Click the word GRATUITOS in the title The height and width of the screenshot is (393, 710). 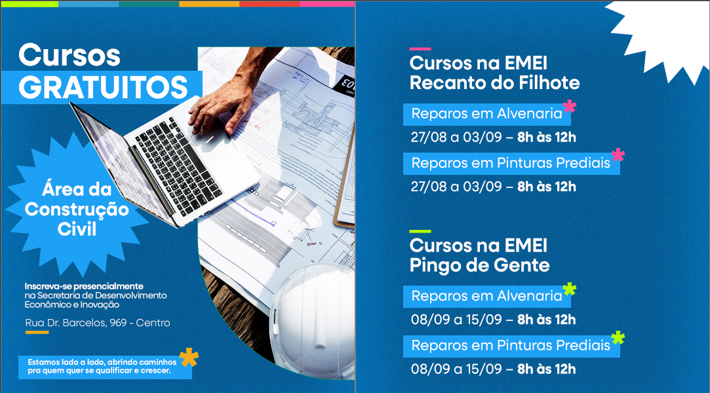pos(103,88)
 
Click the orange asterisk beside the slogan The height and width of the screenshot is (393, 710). pos(189,357)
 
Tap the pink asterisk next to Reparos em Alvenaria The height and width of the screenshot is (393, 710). pos(569,106)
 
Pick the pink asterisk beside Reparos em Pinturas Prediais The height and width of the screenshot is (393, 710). pos(618,155)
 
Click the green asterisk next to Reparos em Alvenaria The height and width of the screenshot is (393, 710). pos(569,289)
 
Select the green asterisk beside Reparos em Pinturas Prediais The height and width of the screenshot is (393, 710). pos(618,338)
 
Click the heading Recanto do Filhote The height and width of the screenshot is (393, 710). pos(494,83)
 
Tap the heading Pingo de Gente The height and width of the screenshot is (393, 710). pos(479,265)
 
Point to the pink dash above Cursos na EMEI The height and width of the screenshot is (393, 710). pos(420,48)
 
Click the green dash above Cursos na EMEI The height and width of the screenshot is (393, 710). pos(420,231)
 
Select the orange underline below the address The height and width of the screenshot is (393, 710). pos(37,332)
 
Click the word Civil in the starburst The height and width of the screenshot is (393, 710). pos(77,229)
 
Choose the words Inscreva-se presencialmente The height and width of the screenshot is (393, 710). pos(84,286)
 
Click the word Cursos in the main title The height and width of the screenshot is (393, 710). pos(69,55)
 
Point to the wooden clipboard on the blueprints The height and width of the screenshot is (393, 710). pos(345,181)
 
